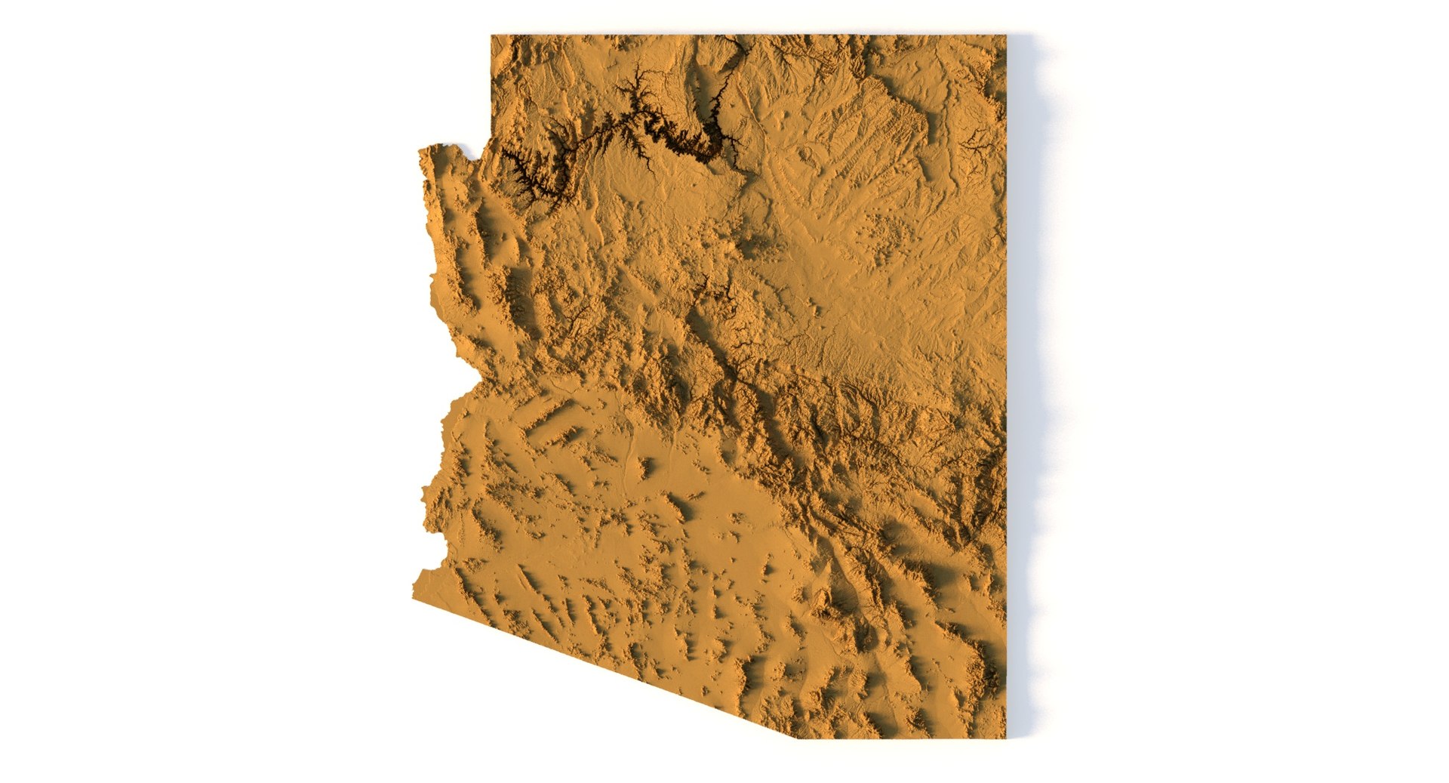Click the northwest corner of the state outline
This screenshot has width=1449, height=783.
coord(492,36)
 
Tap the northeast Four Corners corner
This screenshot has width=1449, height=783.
coord(1005,36)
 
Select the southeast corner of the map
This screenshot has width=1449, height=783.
coord(1005,737)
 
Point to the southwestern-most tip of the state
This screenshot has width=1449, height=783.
coord(414,596)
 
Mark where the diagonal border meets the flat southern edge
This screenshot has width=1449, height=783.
coord(798,738)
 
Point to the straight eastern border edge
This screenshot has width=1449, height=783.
coord(1006,378)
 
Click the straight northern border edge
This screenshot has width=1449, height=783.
coord(747,35)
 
